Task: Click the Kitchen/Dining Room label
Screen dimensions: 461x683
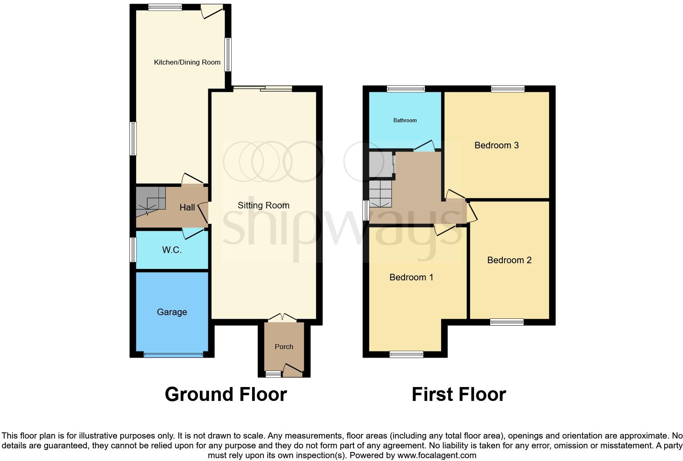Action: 187,63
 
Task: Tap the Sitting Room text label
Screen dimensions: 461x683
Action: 263,206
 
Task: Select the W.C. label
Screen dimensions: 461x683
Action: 172,250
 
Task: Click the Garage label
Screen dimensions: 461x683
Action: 172,312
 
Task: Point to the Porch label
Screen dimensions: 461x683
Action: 284,347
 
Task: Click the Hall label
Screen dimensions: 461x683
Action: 187,208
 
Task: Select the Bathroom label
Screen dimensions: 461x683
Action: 405,121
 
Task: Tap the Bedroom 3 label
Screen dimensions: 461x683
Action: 496,145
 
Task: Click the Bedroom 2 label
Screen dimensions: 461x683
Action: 509,260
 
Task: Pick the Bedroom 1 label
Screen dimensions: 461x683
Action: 411,277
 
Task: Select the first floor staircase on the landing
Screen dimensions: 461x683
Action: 380,194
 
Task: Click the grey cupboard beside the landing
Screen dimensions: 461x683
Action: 380,165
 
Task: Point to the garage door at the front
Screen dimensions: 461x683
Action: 173,355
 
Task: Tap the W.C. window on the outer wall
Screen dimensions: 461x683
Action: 133,250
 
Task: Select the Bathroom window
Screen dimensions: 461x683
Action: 406,89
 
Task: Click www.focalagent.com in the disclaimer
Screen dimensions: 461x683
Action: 436,455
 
